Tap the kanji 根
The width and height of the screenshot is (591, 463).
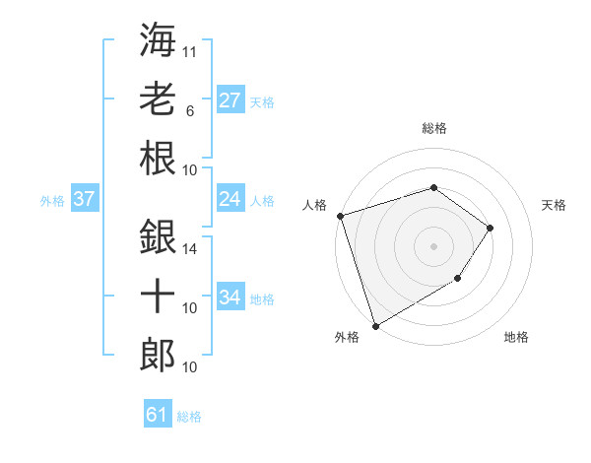point(158,160)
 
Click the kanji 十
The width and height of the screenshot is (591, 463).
point(158,297)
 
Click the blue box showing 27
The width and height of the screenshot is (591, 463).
point(230,99)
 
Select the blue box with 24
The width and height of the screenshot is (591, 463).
point(230,199)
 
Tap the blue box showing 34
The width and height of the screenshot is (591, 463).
point(230,298)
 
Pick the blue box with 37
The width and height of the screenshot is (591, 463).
point(85,199)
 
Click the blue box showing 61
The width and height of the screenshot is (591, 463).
point(158,415)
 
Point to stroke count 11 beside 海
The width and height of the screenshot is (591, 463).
point(190,50)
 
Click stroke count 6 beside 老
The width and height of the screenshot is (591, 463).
point(189,111)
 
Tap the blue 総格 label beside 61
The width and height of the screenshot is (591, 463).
point(189,417)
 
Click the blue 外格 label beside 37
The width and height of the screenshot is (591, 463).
point(52,201)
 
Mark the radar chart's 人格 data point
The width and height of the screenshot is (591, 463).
point(340,215)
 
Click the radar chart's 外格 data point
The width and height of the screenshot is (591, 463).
point(375,325)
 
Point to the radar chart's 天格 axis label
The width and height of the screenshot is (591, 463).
point(555,205)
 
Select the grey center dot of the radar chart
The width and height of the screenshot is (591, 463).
point(433,245)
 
